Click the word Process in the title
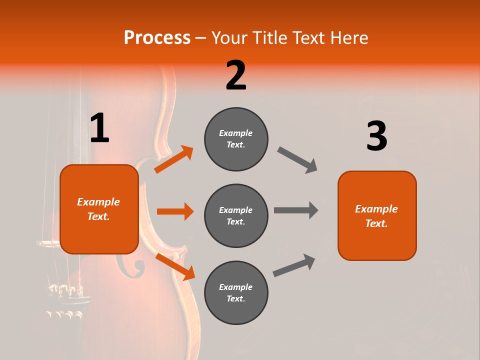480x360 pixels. pos(157,38)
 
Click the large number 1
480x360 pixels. pos(99,128)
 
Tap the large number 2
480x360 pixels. pos(236,75)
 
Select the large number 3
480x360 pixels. pos(376,136)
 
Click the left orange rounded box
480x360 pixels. pos(99,209)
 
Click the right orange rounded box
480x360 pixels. pos(377,215)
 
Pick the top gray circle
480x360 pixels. pos(236,139)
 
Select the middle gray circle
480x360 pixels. pos(236,215)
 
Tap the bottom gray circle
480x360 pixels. pos(236,292)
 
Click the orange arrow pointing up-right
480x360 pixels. pos(174,159)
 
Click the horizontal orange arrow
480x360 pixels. pos(175,211)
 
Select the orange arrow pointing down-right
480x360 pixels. pos(175,266)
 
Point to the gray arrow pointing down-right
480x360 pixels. pos(297,160)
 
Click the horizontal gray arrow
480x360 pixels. pos(296,210)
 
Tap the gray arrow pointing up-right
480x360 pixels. pos(294,265)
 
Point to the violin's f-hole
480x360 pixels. pos(131,265)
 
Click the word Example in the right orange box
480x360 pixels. pos(376,209)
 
